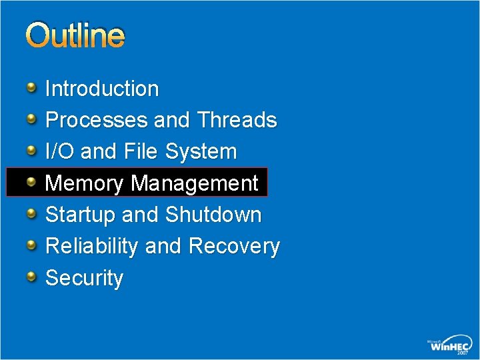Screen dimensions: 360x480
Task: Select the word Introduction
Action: (102, 89)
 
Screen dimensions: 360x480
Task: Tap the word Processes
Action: (96, 120)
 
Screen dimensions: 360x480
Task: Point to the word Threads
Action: (237, 120)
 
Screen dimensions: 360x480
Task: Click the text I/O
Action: (61, 151)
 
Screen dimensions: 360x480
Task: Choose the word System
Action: (201, 151)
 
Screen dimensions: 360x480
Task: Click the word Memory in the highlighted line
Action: (85, 183)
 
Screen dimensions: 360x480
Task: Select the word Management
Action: (195, 183)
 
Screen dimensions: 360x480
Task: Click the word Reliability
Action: (92, 246)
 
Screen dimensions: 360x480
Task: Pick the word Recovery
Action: (234, 246)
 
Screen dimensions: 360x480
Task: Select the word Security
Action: (84, 278)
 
